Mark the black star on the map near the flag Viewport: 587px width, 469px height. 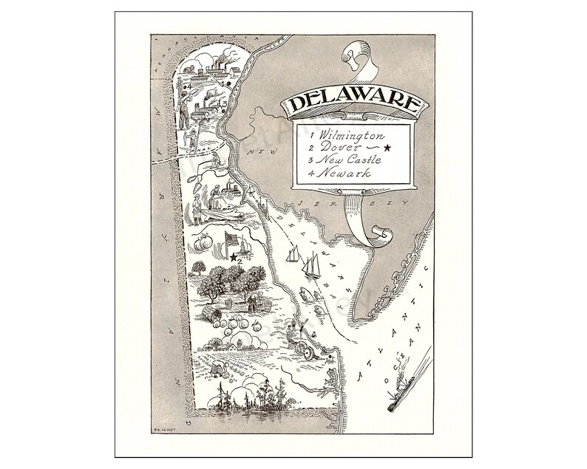234,257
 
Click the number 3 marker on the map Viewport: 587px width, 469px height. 223,103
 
